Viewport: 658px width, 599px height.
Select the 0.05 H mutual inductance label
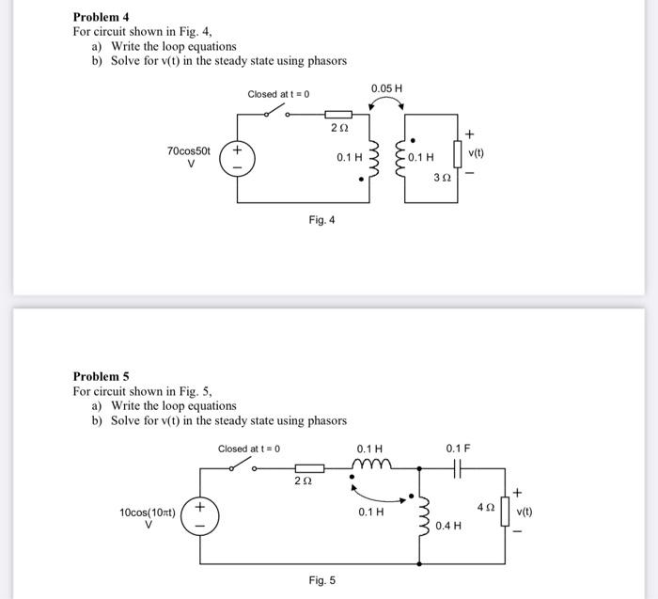pyautogui.click(x=386, y=88)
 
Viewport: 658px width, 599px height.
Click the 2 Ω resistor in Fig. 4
pyautogui.click(x=337, y=114)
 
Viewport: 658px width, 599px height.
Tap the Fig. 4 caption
pyautogui.click(x=321, y=220)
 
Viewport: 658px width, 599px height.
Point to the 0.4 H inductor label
pyautogui.click(x=448, y=525)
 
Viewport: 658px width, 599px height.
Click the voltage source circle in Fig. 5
pyautogui.click(x=199, y=516)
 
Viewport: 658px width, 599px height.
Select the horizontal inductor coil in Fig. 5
pyautogui.click(x=370, y=464)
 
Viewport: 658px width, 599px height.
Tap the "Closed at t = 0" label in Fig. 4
pyautogui.click(x=278, y=94)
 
